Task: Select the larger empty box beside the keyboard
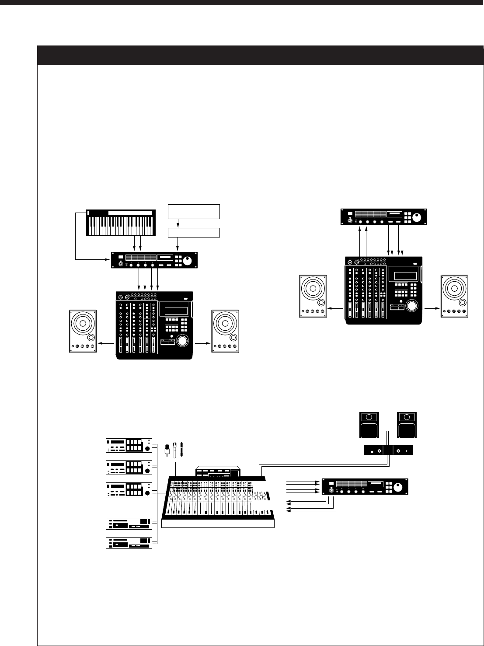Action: coord(194,211)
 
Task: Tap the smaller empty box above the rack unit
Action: coord(194,232)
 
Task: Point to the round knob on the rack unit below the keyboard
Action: coord(188,261)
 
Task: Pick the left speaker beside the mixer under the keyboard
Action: coord(83,331)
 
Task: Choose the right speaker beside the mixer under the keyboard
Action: coord(225,331)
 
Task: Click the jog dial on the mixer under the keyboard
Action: coord(183,341)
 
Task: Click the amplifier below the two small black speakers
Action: coord(389,450)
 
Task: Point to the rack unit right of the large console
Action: coord(365,487)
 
